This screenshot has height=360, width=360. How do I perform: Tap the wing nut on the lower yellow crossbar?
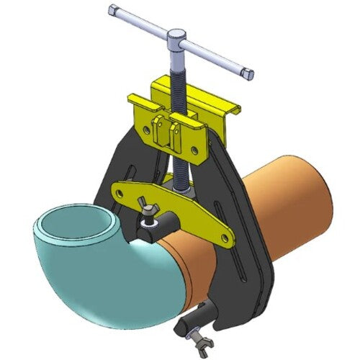tap(153, 212)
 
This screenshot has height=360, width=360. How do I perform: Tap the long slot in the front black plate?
tap(244, 223)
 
